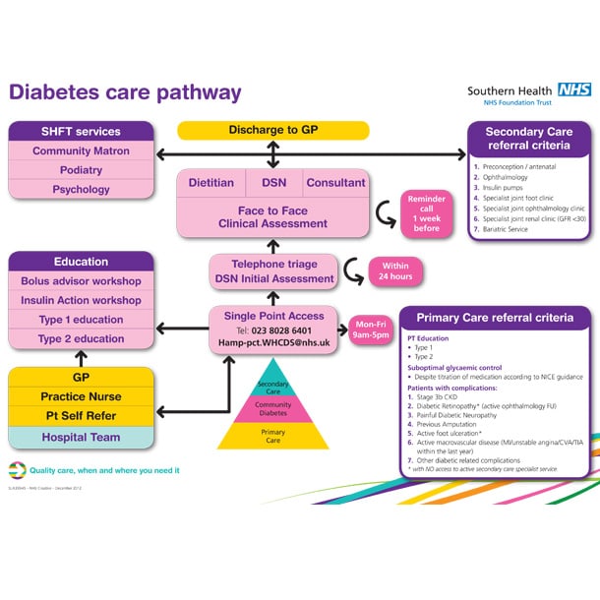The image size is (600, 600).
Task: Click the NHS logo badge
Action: pyautogui.click(x=573, y=89)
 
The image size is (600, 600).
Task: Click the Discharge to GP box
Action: pyautogui.click(x=272, y=130)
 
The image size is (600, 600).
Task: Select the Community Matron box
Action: pyautogui.click(x=82, y=151)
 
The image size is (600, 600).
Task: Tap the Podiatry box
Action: pyautogui.click(x=82, y=170)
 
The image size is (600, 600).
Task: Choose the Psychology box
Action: pyautogui.click(x=82, y=190)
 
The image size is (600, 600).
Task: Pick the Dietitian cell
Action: pyautogui.click(x=211, y=183)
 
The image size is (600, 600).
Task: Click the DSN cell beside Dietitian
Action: pyautogui.click(x=273, y=183)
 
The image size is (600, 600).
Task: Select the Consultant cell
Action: pyautogui.click(x=335, y=183)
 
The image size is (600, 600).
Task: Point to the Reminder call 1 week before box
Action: pyautogui.click(x=426, y=213)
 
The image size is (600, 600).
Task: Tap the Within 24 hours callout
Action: pyautogui.click(x=396, y=270)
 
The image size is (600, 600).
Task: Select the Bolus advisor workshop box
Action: pyautogui.click(x=82, y=281)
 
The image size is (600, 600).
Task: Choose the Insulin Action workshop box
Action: pyautogui.click(x=82, y=301)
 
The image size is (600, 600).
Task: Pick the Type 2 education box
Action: pyautogui.click(x=82, y=339)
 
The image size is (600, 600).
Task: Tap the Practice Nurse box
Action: pyautogui.click(x=82, y=396)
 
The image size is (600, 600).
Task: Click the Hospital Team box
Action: pyautogui.click(x=82, y=438)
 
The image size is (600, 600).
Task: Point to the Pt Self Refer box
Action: pyautogui.click(x=82, y=416)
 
